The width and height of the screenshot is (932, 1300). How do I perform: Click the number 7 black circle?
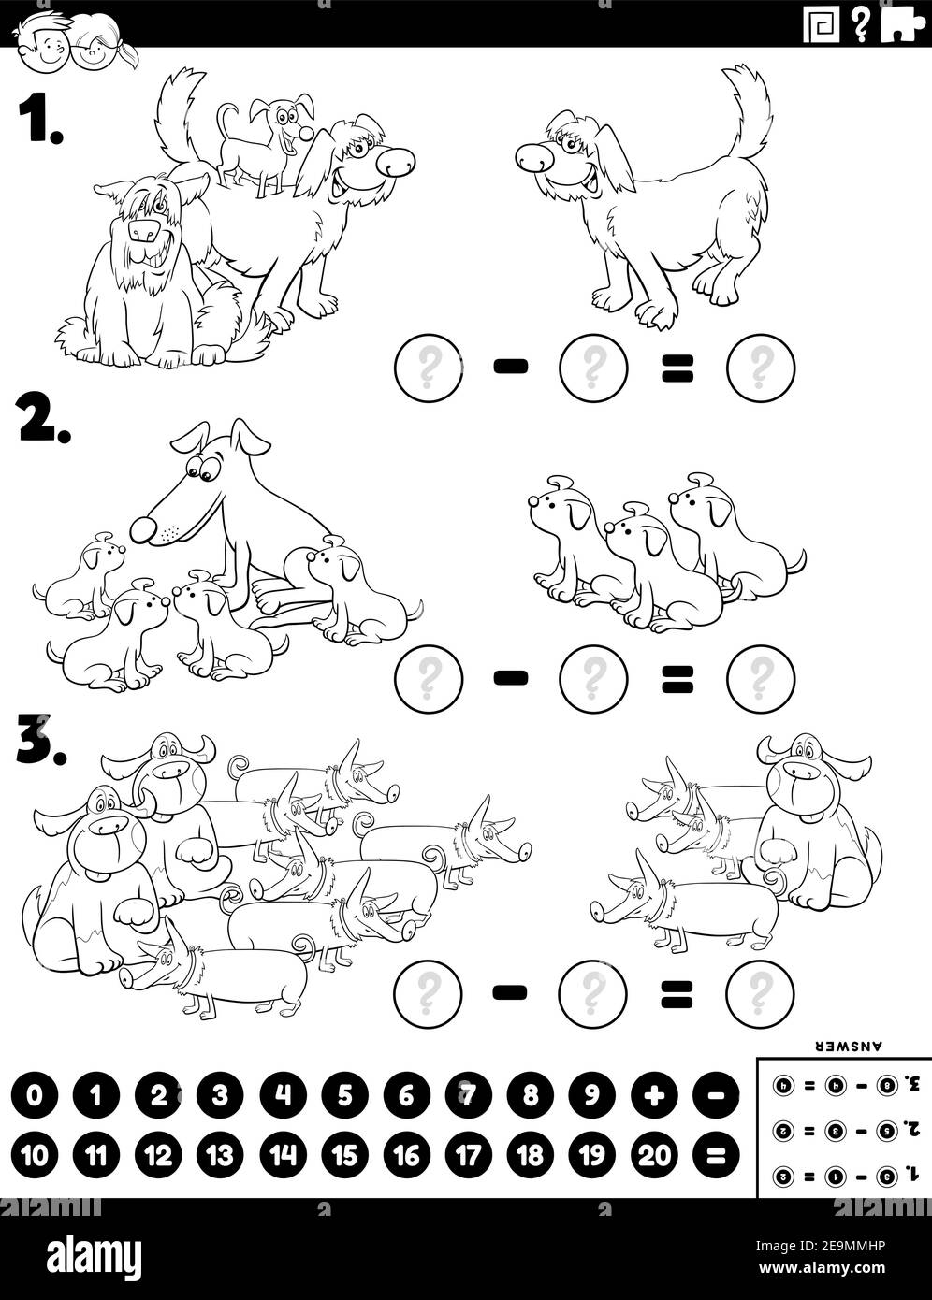click(x=468, y=1095)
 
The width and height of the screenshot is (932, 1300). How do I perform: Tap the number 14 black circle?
click(x=282, y=1156)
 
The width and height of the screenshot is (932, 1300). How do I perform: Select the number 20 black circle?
click(x=654, y=1156)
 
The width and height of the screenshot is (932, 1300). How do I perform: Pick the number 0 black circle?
click(x=34, y=1095)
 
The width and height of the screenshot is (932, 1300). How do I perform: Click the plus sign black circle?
click(x=654, y=1095)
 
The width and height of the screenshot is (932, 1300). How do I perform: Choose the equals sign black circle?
click(x=716, y=1156)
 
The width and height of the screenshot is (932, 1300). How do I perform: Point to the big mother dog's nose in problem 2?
click(x=141, y=530)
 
